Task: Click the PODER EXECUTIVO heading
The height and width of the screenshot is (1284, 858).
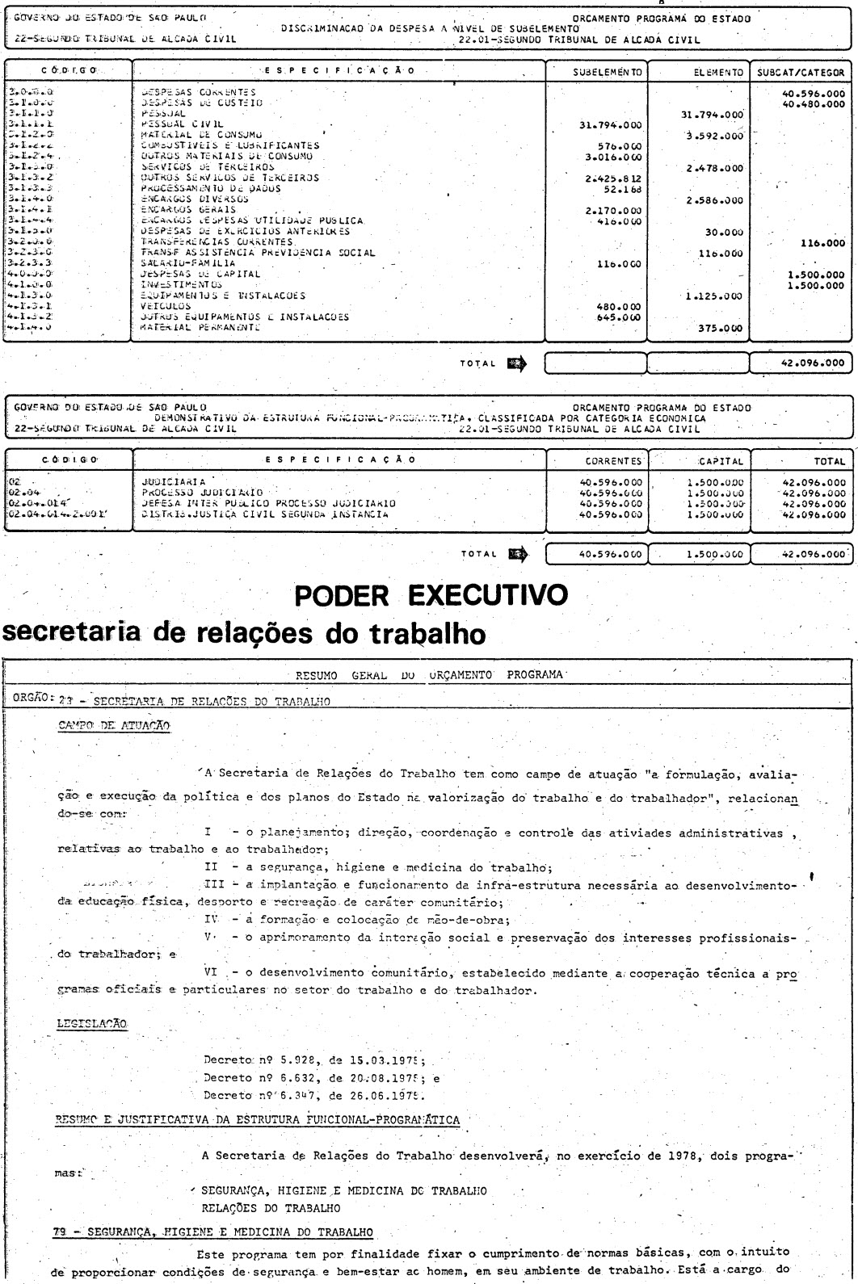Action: (428, 597)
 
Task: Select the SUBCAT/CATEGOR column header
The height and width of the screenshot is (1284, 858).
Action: (800, 71)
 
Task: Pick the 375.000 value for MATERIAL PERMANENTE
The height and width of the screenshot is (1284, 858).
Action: (714, 329)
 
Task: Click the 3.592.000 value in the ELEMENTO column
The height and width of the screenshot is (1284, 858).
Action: (714, 136)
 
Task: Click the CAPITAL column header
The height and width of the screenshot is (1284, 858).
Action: (703, 460)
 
